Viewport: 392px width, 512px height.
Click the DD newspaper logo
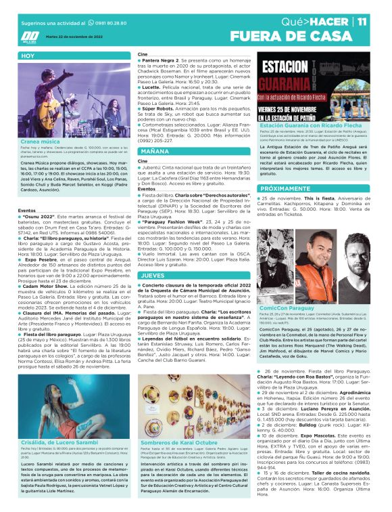[30, 37]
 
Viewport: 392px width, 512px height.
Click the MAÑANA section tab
[155, 152]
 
